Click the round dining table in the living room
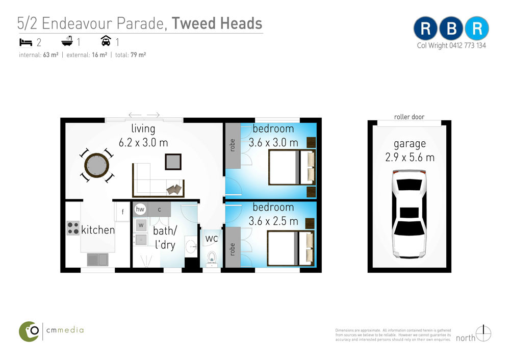pyautogui.click(x=96, y=165)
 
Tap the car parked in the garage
pyautogui.click(x=409, y=214)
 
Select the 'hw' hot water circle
pyautogui.click(x=140, y=210)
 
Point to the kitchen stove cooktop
pyautogui.click(x=73, y=228)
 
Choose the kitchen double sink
pyautogui.click(x=97, y=260)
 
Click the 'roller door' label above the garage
pyautogui.click(x=409, y=117)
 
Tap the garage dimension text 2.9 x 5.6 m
pyautogui.click(x=410, y=158)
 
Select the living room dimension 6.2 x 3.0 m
pyautogui.click(x=143, y=142)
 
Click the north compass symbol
pyautogui.click(x=483, y=333)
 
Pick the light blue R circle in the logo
pyautogui.click(x=477, y=29)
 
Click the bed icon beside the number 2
pyautogui.click(x=25, y=42)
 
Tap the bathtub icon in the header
pyautogui.click(x=67, y=41)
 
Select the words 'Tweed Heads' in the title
pyautogui.click(x=217, y=23)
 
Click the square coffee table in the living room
pyautogui.click(x=173, y=162)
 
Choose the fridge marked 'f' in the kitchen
pyautogui.click(x=122, y=212)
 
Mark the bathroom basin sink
pyautogui.click(x=191, y=246)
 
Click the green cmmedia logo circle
pyautogui.click(x=29, y=331)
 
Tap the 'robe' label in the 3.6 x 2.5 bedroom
pyautogui.click(x=232, y=249)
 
